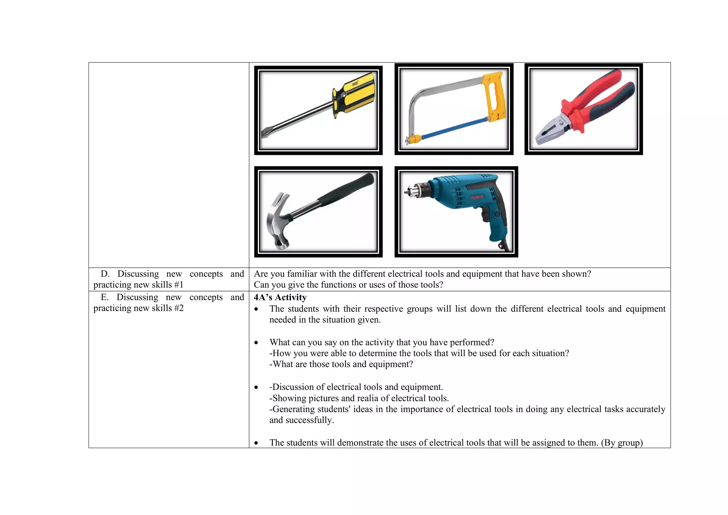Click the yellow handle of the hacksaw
494,96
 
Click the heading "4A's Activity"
280,297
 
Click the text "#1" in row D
178,285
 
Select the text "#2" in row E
178,308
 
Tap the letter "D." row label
105,274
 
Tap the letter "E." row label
105,297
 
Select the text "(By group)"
622,442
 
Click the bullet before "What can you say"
256,343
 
